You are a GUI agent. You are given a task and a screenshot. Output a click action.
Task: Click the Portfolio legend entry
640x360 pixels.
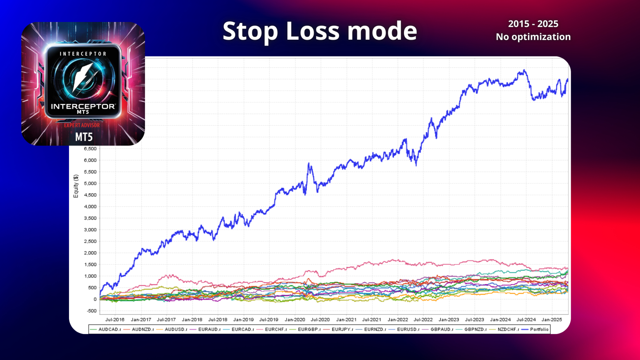pos(535,329)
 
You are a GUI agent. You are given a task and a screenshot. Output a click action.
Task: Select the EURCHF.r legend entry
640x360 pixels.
pos(272,329)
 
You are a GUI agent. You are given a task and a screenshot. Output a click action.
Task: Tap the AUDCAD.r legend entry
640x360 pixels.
pos(105,329)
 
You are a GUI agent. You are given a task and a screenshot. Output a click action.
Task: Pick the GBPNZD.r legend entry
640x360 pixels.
pos(471,329)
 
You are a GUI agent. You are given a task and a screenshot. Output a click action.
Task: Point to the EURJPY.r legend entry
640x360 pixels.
pos(338,329)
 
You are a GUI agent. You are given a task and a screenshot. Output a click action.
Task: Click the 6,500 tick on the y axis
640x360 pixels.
pos(90,149)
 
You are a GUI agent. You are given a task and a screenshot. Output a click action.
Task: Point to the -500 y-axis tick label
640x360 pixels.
pos(92,311)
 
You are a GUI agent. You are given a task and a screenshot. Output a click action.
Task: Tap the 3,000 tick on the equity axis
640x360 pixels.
pos(90,230)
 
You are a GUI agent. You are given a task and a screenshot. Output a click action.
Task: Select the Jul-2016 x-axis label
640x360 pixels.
pos(115,320)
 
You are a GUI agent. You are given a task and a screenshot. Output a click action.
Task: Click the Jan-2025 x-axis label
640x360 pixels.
pos(552,320)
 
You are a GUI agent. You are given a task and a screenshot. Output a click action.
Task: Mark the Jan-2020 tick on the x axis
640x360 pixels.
pos(295,320)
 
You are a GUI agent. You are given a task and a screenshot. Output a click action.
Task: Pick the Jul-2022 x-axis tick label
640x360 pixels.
pos(423,320)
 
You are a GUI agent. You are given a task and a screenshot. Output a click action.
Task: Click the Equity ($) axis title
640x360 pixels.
pos(76,186)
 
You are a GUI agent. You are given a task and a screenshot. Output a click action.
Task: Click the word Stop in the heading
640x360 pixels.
pos(250,31)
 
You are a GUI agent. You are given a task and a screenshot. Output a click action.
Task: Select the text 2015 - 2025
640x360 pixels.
pos(533,24)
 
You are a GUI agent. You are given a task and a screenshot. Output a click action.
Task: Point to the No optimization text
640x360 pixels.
pos(533,37)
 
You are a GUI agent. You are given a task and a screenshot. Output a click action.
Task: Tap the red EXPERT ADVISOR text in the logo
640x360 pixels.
pos(82,125)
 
